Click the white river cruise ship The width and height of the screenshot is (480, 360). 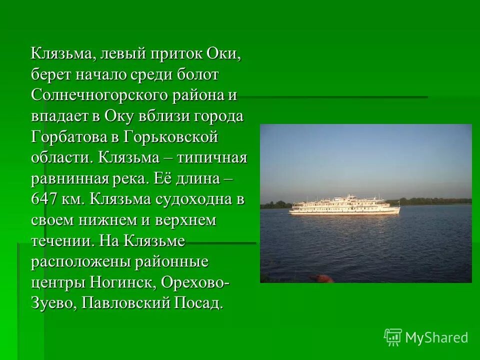[345, 205]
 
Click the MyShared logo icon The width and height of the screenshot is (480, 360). [393, 337]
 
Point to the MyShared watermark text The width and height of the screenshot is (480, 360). [436, 337]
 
